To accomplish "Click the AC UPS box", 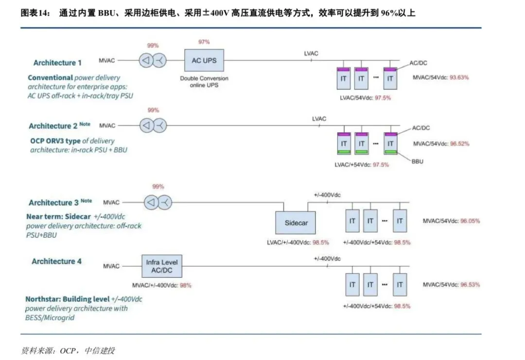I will pyautogui.click(x=204, y=61).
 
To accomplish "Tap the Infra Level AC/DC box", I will pyautogui.click(x=162, y=266).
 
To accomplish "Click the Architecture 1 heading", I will pyautogui.click(x=57, y=63).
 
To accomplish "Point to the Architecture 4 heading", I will pyautogui.click(x=56, y=261).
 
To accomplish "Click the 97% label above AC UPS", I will pyautogui.click(x=204, y=42).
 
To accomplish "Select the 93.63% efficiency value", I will pyautogui.click(x=459, y=77).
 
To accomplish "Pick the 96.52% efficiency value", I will pyautogui.click(x=459, y=144).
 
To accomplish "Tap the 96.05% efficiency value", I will pyautogui.click(x=470, y=221).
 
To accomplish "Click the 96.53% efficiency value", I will pyautogui.click(x=470, y=284).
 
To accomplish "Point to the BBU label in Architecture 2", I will pyautogui.click(x=417, y=161).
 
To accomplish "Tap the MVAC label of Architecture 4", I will pyautogui.click(x=111, y=266).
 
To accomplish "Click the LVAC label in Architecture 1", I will pyautogui.click(x=311, y=53).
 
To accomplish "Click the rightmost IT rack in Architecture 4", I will pyautogui.click(x=399, y=285).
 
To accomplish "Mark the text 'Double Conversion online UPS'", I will pyautogui.click(x=204, y=82).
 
